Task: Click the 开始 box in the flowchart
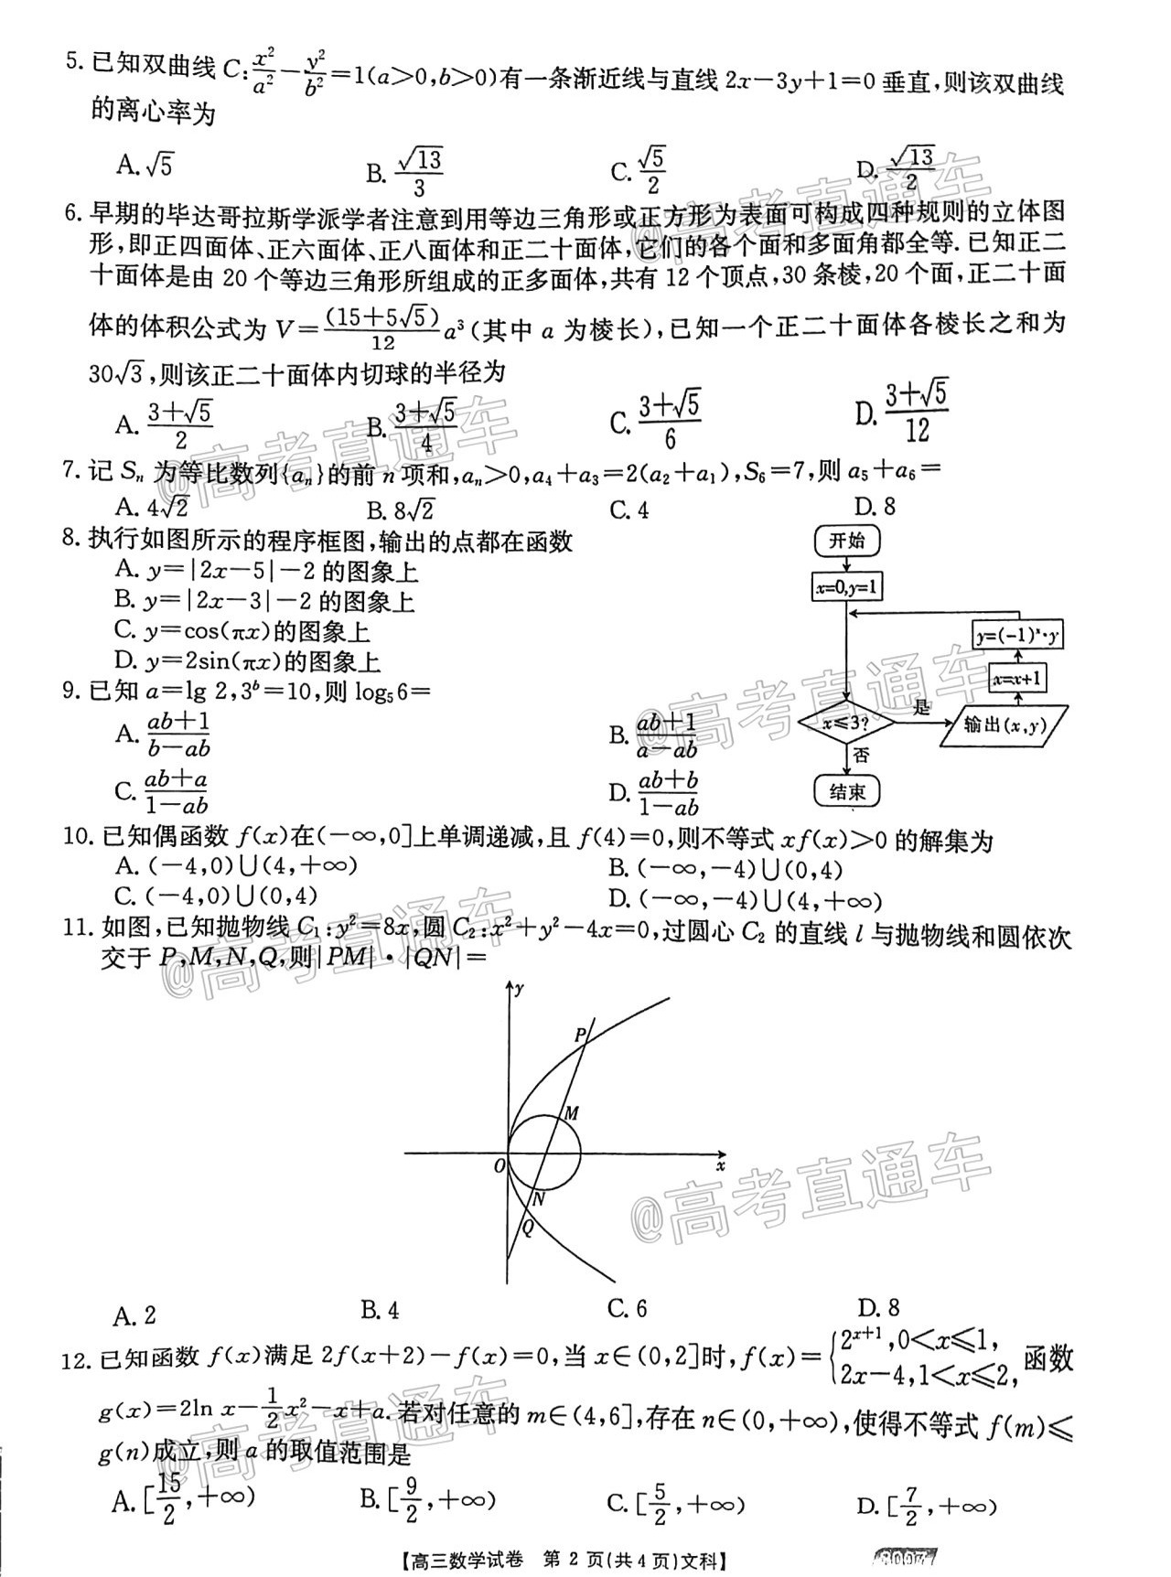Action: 846,541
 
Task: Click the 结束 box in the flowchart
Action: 846,792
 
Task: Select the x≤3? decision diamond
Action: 846,724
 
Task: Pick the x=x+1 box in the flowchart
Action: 1018,679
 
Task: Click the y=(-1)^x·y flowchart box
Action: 1018,636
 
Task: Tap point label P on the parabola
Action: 580,1035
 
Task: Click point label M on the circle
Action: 571,1113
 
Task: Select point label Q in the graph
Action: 528,1229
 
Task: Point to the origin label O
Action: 499,1166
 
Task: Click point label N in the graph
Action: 539,1199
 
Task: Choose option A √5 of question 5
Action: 145,166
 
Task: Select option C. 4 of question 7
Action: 628,510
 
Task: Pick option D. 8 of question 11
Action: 878,1308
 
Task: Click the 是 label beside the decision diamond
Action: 921,706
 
